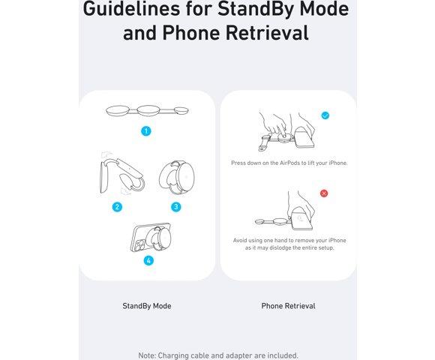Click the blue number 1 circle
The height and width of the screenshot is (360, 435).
pyautogui.click(x=146, y=131)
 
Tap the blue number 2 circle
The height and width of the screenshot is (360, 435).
pyautogui.click(x=117, y=207)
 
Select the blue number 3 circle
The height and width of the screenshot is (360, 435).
pyautogui.click(x=176, y=207)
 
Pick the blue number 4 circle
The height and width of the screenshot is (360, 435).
pyautogui.click(x=148, y=260)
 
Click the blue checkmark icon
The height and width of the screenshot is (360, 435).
pyautogui.click(x=325, y=115)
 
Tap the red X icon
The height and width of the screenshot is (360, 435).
pyautogui.click(x=324, y=193)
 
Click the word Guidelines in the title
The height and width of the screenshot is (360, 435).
pyautogui.click(x=131, y=9)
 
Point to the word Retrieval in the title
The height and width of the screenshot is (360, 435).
pyautogui.click(x=267, y=33)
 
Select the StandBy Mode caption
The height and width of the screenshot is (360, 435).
pyautogui.click(x=147, y=306)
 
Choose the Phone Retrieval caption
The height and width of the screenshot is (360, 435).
pyautogui.click(x=288, y=306)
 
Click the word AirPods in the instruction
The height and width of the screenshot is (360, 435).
pyautogui.click(x=289, y=163)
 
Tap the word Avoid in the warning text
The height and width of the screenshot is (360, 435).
pyautogui.click(x=240, y=240)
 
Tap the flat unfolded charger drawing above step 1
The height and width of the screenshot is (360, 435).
pyautogui.click(x=147, y=111)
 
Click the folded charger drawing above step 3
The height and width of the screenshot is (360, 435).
pyautogui.click(x=177, y=177)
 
